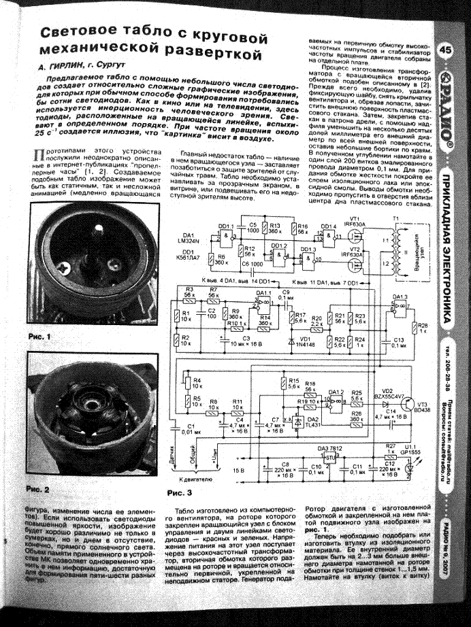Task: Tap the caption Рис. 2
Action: click(39, 489)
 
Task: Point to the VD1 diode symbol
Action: click(292, 337)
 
